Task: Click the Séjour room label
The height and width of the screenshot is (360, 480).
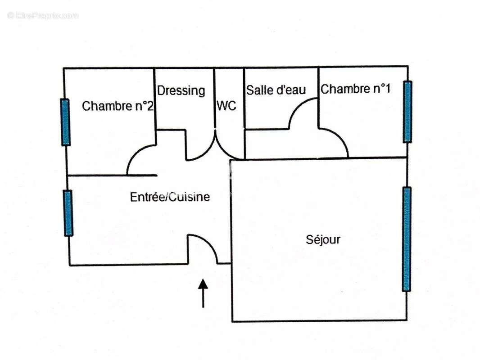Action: (x=323, y=239)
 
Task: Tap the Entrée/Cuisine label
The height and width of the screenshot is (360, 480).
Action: (x=170, y=197)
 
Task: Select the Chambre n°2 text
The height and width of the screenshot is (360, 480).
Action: (x=118, y=106)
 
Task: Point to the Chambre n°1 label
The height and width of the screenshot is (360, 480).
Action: (x=355, y=89)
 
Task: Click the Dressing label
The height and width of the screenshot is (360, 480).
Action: (x=181, y=91)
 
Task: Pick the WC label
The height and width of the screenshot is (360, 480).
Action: (x=226, y=105)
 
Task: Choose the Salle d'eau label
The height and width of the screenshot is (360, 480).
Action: (x=276, y=90)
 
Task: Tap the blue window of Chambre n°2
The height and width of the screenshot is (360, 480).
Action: (x=65, y=122)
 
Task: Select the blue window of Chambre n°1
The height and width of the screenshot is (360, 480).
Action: (x=407, y=112)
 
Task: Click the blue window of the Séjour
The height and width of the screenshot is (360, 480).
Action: (x=407, y=239)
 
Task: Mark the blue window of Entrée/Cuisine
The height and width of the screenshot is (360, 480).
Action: (x=68, y=213)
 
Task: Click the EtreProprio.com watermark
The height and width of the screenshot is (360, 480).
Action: (x=43, y=15)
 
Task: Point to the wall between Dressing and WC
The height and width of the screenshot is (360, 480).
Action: (x=214, y=98)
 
